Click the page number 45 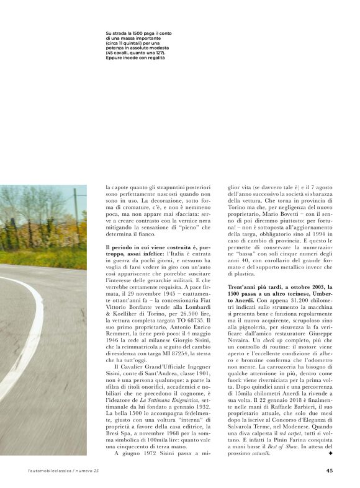coord(329,469)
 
